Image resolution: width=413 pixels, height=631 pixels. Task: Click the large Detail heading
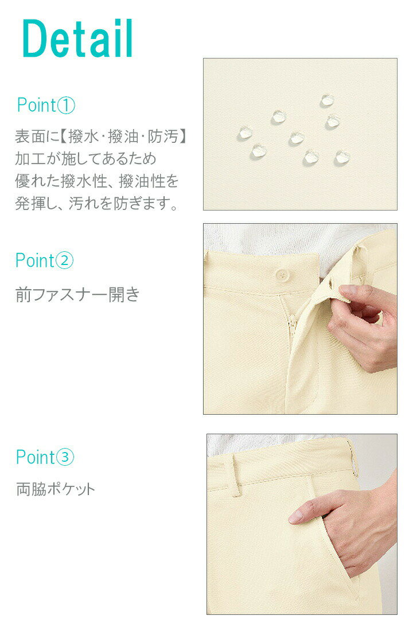click(x=77, y=39)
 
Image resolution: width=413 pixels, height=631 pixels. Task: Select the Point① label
click(x=46, y=106)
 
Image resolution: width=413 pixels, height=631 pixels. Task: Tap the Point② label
click(x=45, y=260)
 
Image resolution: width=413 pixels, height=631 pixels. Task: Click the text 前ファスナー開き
click(x=77, y=295)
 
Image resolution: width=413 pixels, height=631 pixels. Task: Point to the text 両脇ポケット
click(x=56, y=489)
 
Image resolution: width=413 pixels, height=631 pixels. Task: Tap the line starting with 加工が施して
click(x=86, y=159)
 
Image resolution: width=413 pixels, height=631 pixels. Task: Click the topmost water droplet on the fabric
click(x=327, y=101)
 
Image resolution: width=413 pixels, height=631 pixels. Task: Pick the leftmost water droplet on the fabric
click(x=245, y=134)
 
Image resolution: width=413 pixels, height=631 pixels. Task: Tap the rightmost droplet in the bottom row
click(x=342, y=157)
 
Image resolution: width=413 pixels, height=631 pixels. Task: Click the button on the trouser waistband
click(x=282, y=274)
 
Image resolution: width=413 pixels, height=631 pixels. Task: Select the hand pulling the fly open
click(x=364, y=327)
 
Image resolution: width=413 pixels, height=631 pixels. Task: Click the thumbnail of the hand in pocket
click(x=302, y=524)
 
